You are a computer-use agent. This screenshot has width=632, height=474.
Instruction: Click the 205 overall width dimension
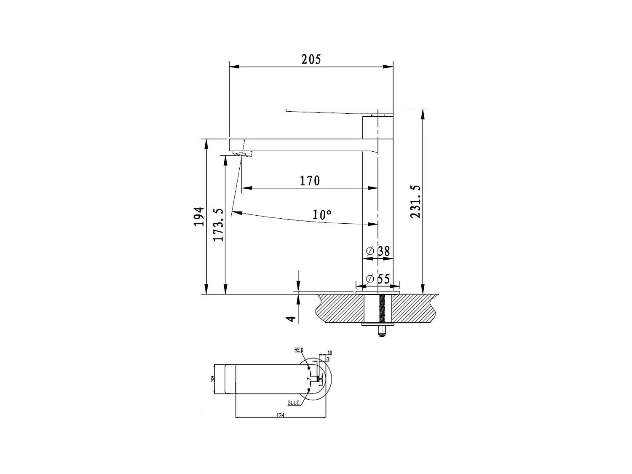click(x=311, y=59)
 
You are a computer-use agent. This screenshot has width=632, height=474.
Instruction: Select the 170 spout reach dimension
click(x=310, y=181)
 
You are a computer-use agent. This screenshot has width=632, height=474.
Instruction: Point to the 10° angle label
click(x=322, y=215)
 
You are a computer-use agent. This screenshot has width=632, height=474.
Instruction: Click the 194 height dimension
click(x=199, y=217)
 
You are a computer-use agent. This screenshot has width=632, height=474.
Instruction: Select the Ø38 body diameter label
click(x=379, y=251)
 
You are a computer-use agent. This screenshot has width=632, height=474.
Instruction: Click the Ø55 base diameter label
click(x=378, y=279)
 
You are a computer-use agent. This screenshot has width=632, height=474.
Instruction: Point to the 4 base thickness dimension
click(x=290, y=318)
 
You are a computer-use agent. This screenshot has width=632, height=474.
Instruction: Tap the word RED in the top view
click(x=299, y=350)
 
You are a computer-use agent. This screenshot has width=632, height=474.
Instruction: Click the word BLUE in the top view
click(x=293, y=403)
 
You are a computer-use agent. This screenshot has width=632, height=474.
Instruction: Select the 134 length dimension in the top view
click(x=280, y=415)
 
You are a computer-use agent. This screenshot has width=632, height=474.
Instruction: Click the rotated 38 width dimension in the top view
click(x=213, y=379)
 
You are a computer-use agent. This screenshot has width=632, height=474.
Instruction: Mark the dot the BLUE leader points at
click(x=309, y=390)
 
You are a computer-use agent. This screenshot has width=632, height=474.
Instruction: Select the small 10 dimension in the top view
click(x=330, y=352)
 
